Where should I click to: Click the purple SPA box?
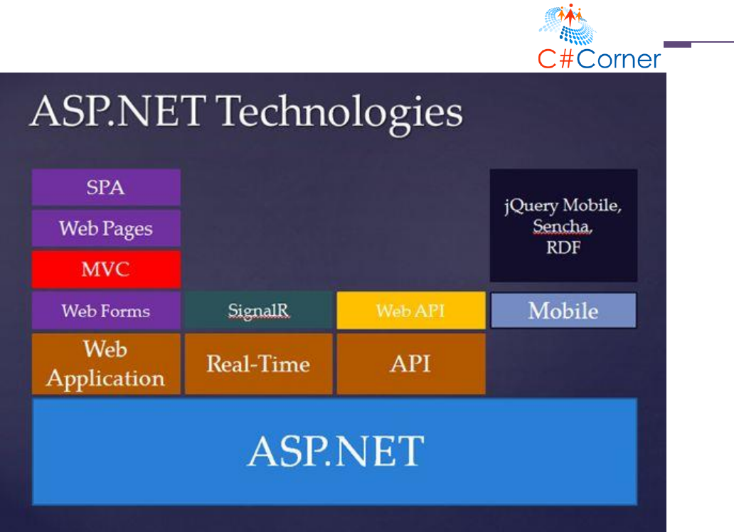click(106, 187)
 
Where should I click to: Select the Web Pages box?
click(106, 228)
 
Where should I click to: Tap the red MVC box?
click(106, 270)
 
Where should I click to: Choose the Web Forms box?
click(106, 311)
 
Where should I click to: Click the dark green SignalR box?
click(258, 311)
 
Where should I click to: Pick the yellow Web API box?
click(411, 311)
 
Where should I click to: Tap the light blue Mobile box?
click(563, 311)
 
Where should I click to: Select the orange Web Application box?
click(106, 364)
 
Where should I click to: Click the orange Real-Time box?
click(258, 364)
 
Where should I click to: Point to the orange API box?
click(411, 364)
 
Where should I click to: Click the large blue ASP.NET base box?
click(335, 452)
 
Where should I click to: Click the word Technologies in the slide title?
click(341, 112)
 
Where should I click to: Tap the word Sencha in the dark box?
click(562, 226)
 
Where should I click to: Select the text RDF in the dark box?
click(563, 248)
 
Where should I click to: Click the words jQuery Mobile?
click(563, 206)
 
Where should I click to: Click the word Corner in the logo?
click(618, 59)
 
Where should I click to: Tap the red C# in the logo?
click(556, 59)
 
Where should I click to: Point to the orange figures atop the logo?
click(570, 14)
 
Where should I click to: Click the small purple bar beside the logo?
click(677, 45)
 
